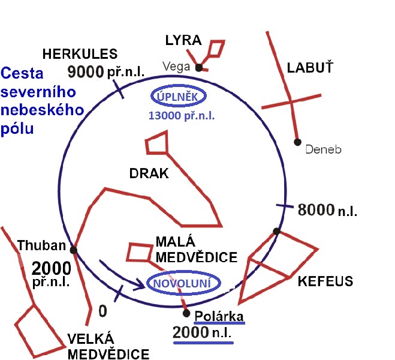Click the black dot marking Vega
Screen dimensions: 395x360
coord(199,68)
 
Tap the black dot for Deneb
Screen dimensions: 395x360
coord(297,142)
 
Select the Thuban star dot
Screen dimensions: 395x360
coord(73,250)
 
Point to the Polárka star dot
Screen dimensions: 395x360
coord(186,313)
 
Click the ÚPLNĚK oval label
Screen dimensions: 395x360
coord(179,97)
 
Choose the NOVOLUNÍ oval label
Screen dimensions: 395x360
coord(183,283)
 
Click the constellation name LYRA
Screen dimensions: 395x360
coord(183,40)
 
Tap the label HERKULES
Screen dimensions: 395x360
coord(80,54)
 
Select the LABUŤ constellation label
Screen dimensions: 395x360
coord(310,68)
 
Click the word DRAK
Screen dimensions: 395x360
coord(149,173)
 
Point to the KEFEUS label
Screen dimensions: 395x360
coord(325,281)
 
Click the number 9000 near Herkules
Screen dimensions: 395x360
coord(86,71)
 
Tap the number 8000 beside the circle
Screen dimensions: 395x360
coord(316,209)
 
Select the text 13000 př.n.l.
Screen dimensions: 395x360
coord(182,116)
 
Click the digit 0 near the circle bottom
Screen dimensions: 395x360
coord(102,311)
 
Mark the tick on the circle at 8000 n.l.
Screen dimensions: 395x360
coord(285,206)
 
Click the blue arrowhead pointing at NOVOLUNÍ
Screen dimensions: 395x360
coord(140,284)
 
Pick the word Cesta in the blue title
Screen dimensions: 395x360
coord(22,73)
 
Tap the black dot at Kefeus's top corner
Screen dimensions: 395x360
coord(276,231)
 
